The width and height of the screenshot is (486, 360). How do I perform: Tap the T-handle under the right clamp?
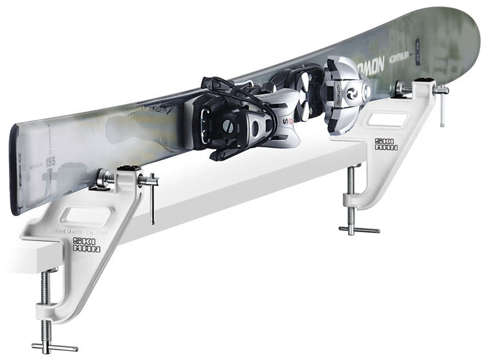pos(360,229)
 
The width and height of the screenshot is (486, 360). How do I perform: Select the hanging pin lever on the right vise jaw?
pos(442,107)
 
